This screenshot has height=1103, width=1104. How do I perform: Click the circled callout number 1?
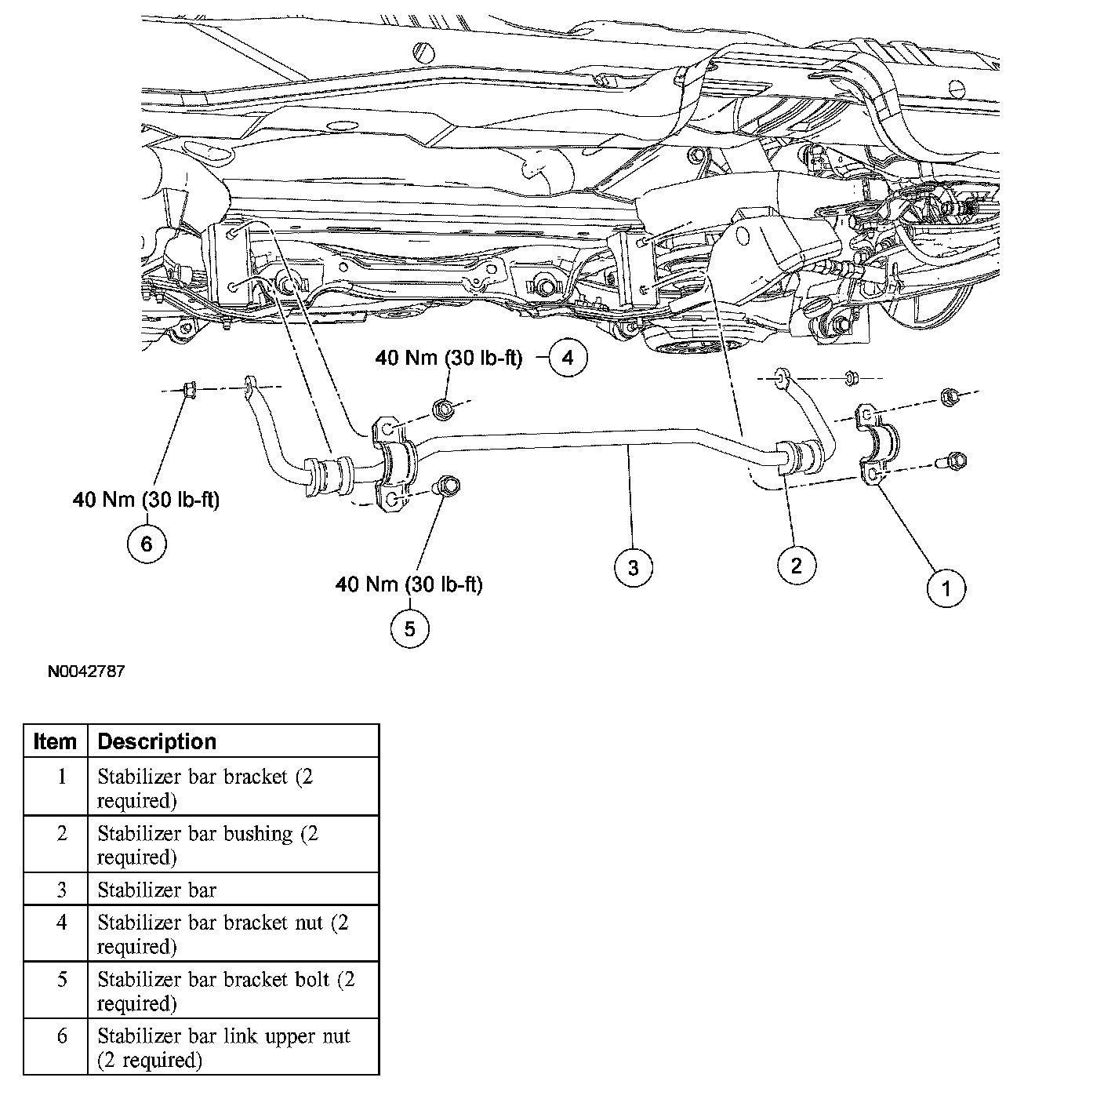point(946,588)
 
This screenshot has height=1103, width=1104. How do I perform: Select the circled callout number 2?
point(797,565)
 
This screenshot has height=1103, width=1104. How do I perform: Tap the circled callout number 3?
point(633,566)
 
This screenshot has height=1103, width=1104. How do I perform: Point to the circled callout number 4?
point(568,359)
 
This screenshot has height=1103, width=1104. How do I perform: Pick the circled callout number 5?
point(410,628)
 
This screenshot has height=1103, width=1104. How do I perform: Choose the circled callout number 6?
point(147,542)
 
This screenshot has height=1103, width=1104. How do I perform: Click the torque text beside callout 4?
point(448,359)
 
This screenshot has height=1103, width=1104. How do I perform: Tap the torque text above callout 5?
point(409,584)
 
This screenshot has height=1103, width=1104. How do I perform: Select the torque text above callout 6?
point(146,500)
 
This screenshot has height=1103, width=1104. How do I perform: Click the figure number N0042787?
point(85,672)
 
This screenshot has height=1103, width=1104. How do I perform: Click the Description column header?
point(157,741)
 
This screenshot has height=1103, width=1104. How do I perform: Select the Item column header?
point(56,741)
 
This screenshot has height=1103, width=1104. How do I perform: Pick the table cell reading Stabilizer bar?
point(157,890)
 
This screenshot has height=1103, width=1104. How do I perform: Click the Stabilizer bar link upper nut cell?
point(223,1047)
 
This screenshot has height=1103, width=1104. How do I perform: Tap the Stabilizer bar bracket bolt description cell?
point(226,991)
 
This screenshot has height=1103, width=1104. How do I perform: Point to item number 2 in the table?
point(62,834)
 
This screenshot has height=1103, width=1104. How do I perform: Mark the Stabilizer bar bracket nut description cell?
point(223,934)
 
